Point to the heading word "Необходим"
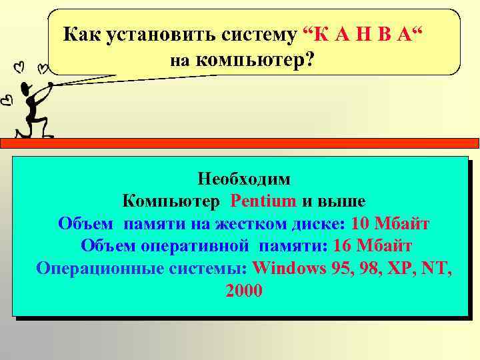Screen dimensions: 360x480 [244, 179]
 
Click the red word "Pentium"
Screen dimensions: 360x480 [263, 201]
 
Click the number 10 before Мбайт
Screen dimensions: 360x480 [360, 223]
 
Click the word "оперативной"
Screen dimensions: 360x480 [195, 245]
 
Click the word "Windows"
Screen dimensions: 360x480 [288, 268]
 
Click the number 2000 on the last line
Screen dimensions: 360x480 [244, 291]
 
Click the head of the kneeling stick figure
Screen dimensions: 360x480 [26, 88]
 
